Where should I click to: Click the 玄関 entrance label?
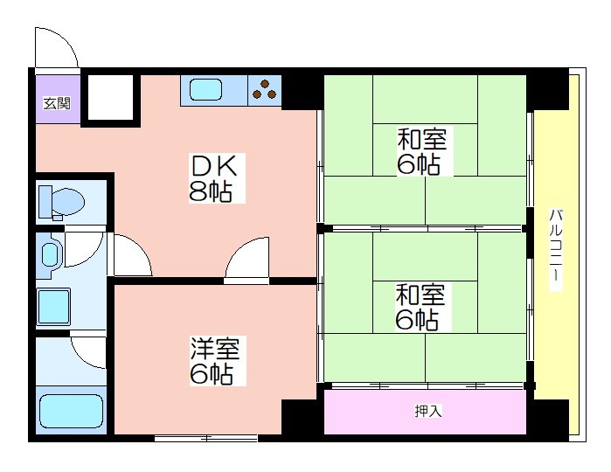(x=57, y=104)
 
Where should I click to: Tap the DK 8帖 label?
(x=217, y=178)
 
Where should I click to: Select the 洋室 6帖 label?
(x=218, y=361)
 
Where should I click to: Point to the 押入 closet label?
(x=427, y=411)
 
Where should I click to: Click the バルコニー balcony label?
(x=556, y=250)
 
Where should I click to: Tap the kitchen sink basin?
(x=205, y=90)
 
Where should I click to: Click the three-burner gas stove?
(x=265, y=90)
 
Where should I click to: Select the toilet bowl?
(x=61, y=203)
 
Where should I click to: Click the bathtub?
(x=72, y=411)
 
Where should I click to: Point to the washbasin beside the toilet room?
(x=51, y=254)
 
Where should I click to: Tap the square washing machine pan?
(x=53, y=307)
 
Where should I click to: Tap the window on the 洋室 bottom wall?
(x=205, y=439)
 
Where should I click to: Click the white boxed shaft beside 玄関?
(x=110, y=97)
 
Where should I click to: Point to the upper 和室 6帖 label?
(x=423, y=150)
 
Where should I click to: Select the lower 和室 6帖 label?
(x=421, y=307)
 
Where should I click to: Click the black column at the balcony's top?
(x=547, y=90)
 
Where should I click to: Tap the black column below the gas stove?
(x=302, y=93)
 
